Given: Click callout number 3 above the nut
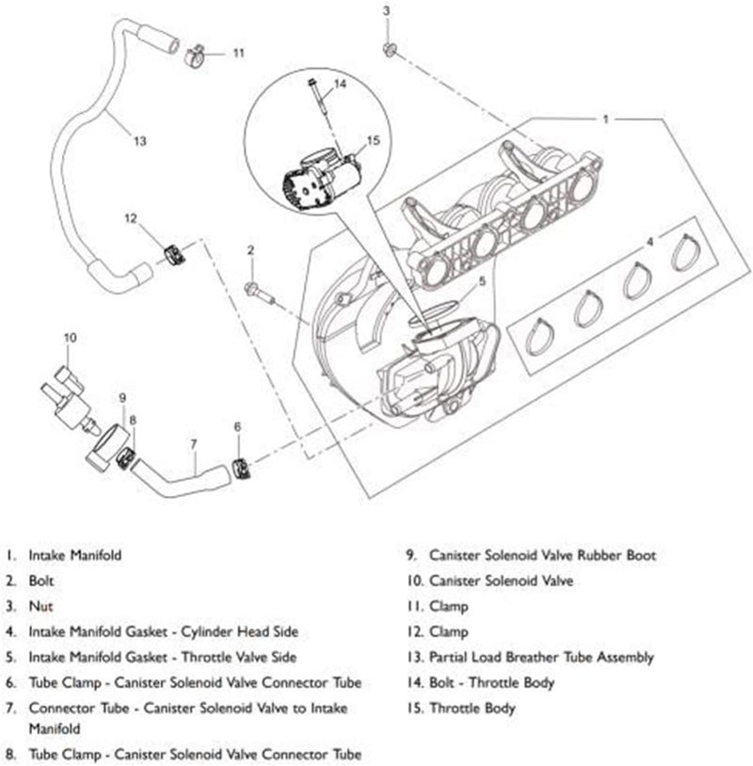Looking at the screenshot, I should tap(385, 10).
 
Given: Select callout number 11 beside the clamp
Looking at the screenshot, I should tap(238, 53).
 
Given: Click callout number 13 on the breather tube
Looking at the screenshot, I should tap(139, 141).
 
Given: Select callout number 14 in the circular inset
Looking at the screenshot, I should tap(340, 84).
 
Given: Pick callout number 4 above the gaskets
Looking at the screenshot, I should tap(649, 242).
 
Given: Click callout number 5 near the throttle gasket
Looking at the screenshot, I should tap(482, 280).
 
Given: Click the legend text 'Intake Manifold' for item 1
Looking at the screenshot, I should tap(75, 555).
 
